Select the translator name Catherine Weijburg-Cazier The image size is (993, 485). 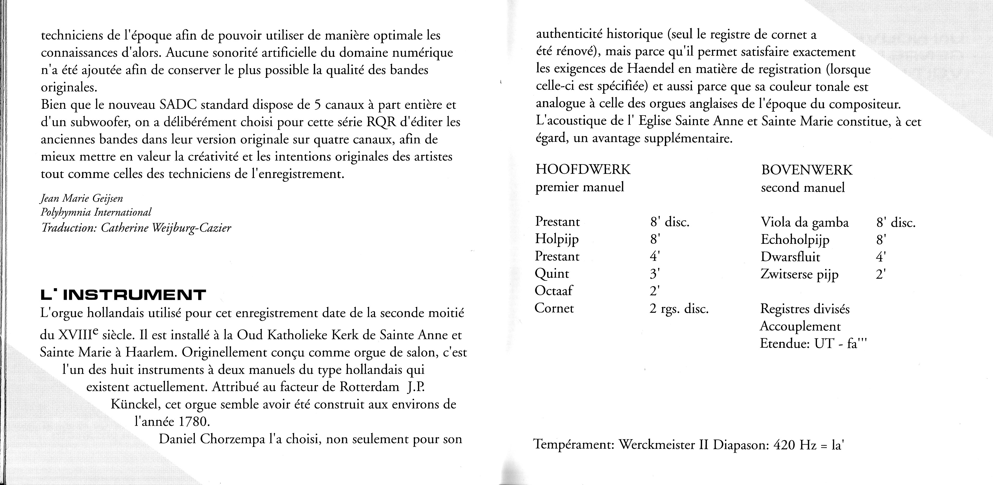coord(166,228)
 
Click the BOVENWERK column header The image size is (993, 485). coord(807,170)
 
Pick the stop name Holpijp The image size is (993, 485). coord(557,239)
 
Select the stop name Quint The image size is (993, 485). coord(552,273)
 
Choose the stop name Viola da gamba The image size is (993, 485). coord(804,223)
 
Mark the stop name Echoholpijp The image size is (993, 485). coord(795,240)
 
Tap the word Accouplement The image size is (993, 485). coord(800,326)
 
